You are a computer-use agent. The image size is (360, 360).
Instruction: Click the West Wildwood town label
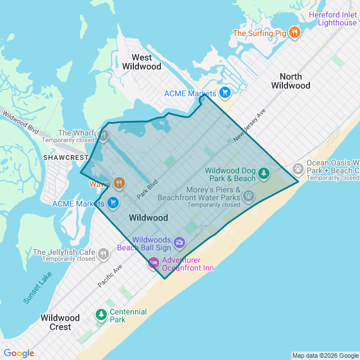(x=141, y=62)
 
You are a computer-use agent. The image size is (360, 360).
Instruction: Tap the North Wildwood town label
(x=290, y=81)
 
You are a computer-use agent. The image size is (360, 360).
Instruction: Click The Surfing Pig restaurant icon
(x=294, y=33)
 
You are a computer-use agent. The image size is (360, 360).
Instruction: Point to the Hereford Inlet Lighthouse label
(x=336, y=19)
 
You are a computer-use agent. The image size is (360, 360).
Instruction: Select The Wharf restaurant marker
(x=103, y=135)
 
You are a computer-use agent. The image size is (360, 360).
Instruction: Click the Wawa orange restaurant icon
(x=119, y=183)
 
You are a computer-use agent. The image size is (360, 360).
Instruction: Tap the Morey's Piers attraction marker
(x=249, y=196)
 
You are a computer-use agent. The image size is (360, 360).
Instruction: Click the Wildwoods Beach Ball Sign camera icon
(x=179, y=242)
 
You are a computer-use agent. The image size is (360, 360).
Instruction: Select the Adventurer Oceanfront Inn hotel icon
(x=153, y=263)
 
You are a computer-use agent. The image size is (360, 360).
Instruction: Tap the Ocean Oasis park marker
(x=298, y=169)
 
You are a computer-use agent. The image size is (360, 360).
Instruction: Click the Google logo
(x=19, y=353)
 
